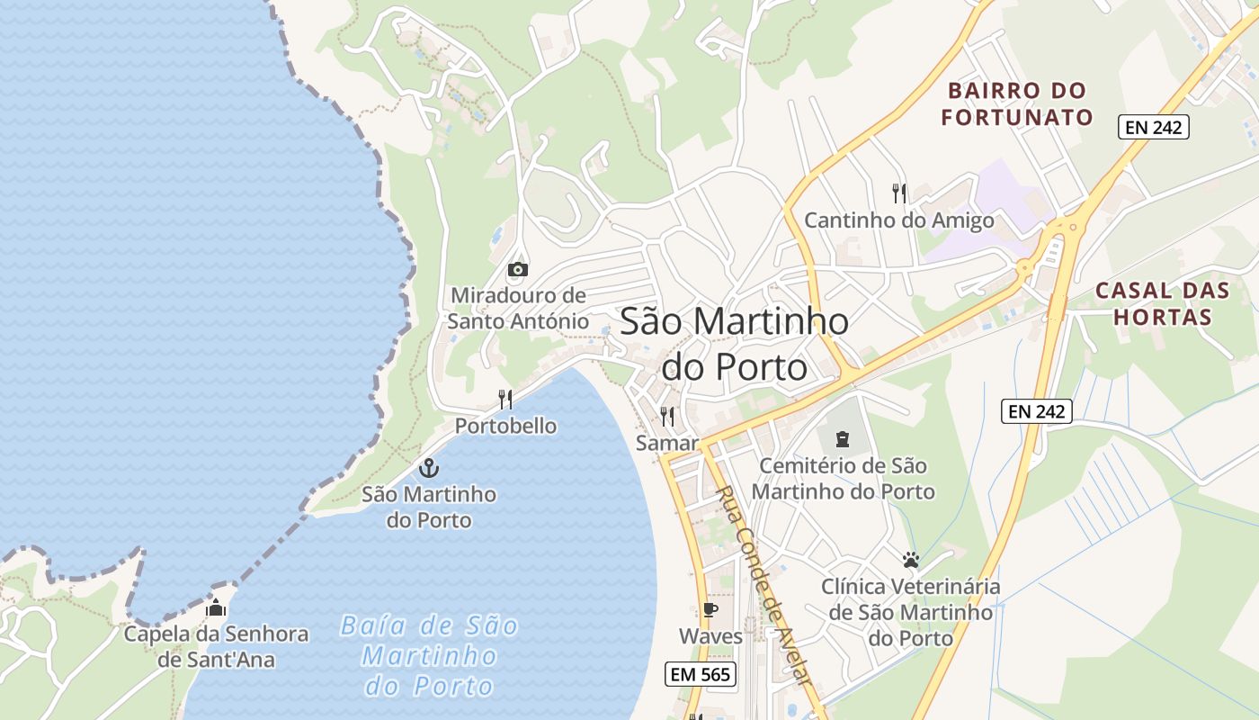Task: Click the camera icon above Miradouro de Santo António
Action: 517,269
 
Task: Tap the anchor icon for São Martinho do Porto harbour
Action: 429,468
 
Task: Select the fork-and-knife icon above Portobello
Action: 505,400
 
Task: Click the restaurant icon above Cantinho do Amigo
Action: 898,193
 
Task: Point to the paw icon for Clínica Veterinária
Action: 910,560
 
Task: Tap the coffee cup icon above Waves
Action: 710,610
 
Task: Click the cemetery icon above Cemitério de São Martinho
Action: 843,439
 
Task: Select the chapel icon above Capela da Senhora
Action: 216,608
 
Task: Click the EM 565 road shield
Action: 701,673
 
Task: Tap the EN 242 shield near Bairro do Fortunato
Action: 1154,127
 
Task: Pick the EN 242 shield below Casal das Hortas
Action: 1037,411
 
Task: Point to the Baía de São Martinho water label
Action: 429,655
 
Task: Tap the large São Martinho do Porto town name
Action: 734,344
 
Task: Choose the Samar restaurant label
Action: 666,443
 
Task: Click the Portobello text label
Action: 505,426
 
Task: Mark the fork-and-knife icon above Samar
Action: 666,416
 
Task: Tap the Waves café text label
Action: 710,636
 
